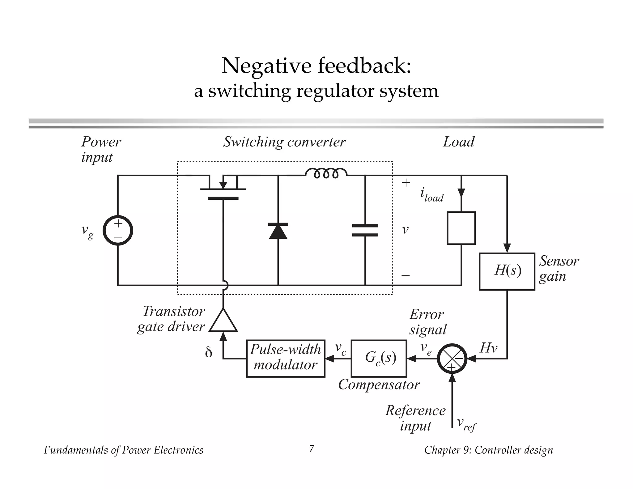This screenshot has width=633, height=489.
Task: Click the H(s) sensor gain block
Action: pyautogui.click(x=507, y=271)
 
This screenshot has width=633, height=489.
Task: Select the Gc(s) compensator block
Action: pyautogui.click(x=379, y=358)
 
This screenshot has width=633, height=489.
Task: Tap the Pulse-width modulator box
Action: pyautogui.click(x=286, y=358)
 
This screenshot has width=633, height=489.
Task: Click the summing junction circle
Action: pyautogui.click(x=452, y=359)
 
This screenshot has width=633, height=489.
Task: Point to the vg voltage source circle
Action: pyautogui.click(x=118, y=231)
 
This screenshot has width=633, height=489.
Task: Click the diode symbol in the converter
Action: pyautogui.click(x=278, y=231)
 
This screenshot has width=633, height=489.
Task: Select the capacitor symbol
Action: pyautogui.click(x=365, y=231)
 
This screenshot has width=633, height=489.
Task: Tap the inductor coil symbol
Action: pyautogui.click(x=326, y=173)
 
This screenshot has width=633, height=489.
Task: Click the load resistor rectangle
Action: pyautogui.click(x=461, y=228)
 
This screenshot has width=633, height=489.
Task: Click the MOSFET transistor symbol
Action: pyautogui.click(x=223, y=189)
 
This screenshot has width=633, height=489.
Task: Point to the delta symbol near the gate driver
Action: pyautogui.click(x=209, y=352)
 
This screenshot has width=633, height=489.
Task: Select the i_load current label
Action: pyautogui.click(x=431, y=195)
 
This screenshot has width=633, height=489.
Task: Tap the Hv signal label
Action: pyautogui.click(x=488, y=348)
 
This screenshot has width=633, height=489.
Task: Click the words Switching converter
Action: pyautogui.click(x=284, y=142)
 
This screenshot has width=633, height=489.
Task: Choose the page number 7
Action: pyautogui.click(x=312, y=448)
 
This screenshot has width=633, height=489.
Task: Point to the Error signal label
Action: pyautogui.click(x=428, y=322)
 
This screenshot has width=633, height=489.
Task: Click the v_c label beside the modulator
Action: pyautogui.click(x=341, y=349)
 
